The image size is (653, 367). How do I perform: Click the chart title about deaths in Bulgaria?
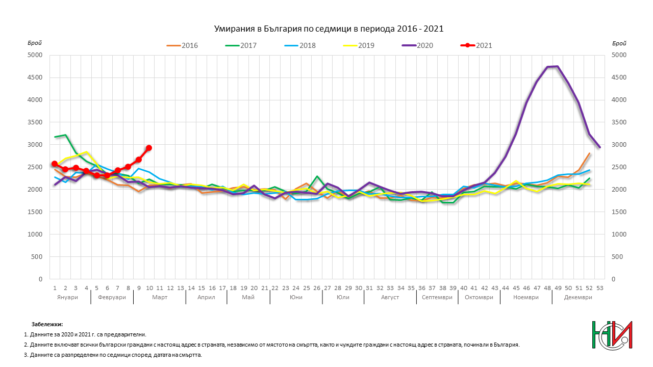[328, 29]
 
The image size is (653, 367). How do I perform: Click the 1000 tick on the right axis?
[617, 234]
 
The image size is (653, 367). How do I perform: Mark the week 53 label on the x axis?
[599, 288]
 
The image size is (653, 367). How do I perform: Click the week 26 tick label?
[317, 288]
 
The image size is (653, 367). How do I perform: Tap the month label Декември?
[578, 297]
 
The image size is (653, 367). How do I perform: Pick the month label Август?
[390, 297]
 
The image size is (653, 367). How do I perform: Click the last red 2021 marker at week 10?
[149, 148]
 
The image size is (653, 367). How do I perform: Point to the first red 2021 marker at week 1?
[55, 164]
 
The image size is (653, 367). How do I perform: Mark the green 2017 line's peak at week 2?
[65, 135]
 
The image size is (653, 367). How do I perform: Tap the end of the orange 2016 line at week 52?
[589, 153]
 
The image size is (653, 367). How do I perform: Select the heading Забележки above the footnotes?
[47, 324]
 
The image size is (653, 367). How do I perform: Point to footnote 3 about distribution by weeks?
[113, 355]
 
